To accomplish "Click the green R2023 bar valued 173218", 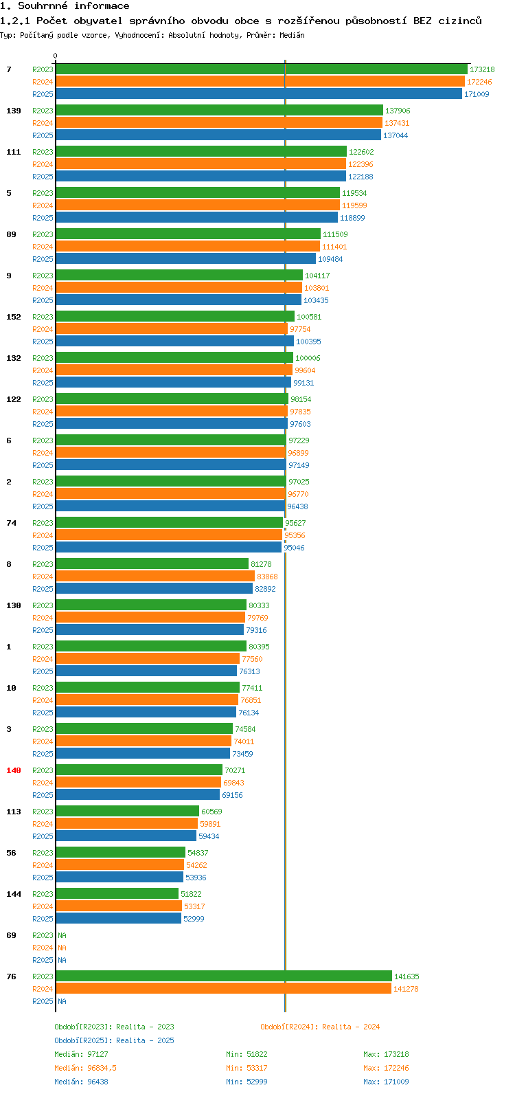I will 261,69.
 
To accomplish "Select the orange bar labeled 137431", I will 218,123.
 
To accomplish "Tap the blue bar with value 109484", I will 185,259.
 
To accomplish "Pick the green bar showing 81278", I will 152,564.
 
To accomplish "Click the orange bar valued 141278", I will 223,989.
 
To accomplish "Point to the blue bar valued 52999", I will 118,919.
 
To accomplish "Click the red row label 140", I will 14,770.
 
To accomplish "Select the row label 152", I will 14,317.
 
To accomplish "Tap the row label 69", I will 11,935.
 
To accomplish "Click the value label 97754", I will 300,329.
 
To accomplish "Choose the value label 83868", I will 267,577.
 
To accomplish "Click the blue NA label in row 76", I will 62,1001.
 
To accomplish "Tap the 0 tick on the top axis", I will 56,56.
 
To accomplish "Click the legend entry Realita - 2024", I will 320,1027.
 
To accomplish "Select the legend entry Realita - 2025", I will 114,1040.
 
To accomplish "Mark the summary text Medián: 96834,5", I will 85,1068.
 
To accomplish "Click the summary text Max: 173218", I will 386,1054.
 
